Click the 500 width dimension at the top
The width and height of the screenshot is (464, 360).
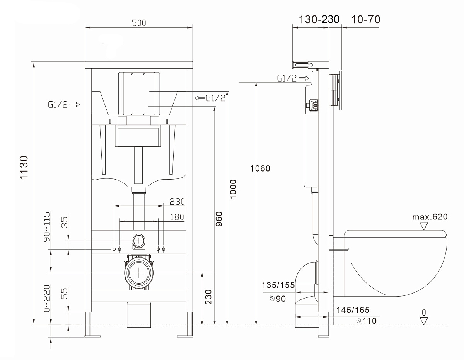click(x=139, y=23)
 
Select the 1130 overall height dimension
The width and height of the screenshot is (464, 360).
click(x=24, y=168)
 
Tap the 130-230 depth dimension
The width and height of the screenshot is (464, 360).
click(x=319, y=19)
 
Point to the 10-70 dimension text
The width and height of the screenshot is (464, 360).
click(x=365, y=19)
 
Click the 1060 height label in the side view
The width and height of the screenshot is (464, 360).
click(x=260, y=168)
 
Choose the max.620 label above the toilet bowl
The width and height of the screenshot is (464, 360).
click(x=430, y=217)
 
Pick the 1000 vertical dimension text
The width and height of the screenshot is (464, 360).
click(x=234, y=189)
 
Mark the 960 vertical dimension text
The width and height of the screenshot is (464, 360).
click(x=219, y=219)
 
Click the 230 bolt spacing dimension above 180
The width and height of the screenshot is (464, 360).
click(x=177, y=202)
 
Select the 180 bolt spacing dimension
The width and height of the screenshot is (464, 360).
click(x=177, y=217)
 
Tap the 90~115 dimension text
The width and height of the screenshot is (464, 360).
click(x=47, y=227)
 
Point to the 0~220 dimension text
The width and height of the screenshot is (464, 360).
click(x=47, y=298)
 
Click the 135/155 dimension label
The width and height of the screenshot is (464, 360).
click(x=278, y=285)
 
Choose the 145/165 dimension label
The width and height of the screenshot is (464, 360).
click(x=353, y=310)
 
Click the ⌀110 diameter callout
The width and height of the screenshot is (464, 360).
click(x=367, y=321)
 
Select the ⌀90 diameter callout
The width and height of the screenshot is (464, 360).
click(x=278, y=299)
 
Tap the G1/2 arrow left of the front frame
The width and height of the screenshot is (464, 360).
click(x=64, y=105)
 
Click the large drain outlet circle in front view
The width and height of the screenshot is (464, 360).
click(x=139, y=273)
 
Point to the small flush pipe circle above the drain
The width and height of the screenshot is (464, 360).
click(x=139, y=241)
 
